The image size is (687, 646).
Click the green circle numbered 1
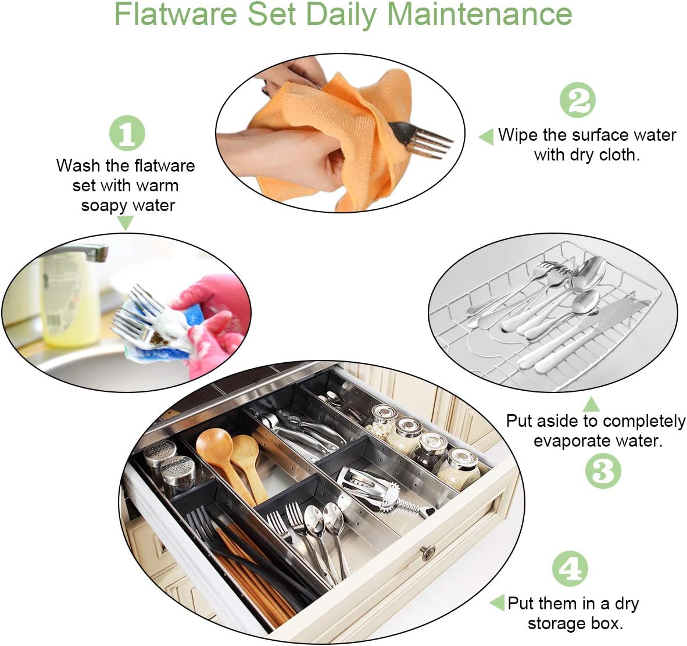point(127,133)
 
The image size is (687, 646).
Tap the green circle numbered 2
point(578,100)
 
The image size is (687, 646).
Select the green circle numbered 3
point(603,470)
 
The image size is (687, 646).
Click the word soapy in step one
point(103,205)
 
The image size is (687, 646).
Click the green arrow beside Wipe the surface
point(486,137)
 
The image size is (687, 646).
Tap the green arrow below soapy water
point(125,222)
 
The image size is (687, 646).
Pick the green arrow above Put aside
point(591,404)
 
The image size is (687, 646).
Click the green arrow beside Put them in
point(498,602)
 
